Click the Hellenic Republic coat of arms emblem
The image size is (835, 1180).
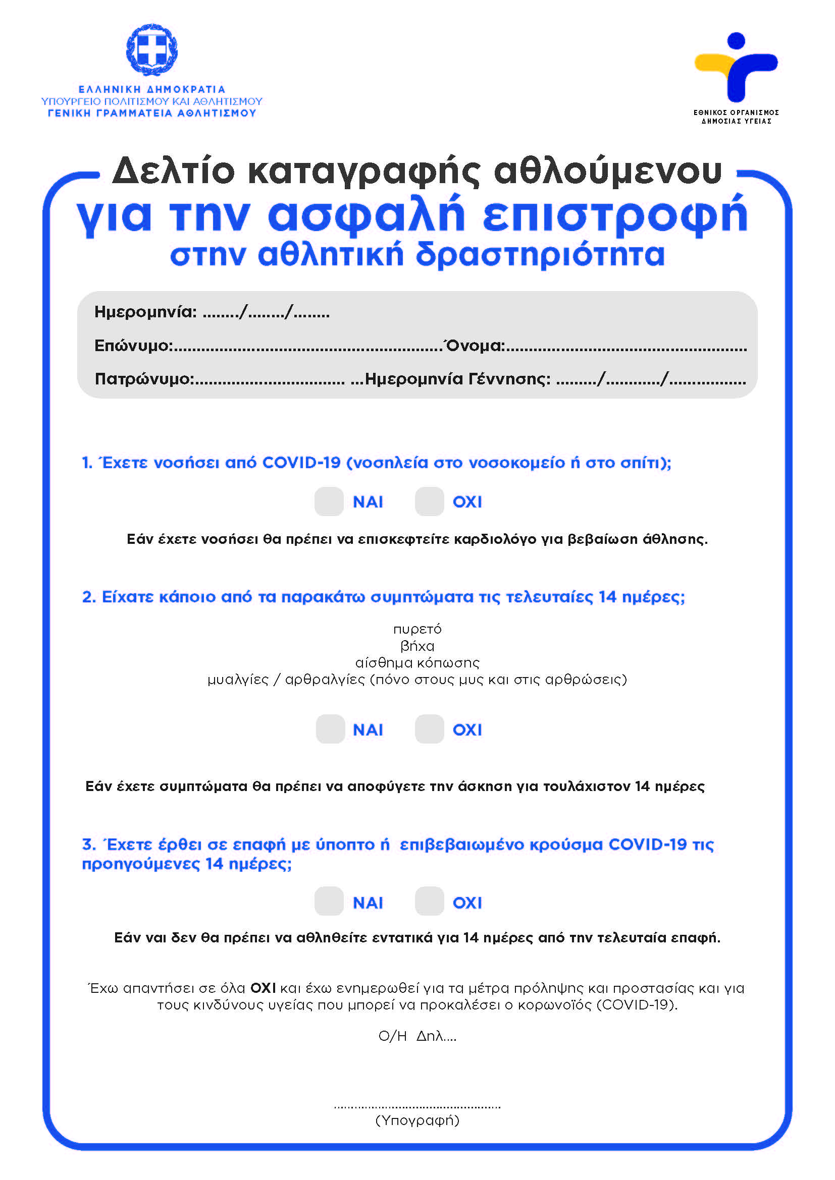151,50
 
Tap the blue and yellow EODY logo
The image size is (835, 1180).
736,67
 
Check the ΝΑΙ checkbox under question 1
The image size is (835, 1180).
329,501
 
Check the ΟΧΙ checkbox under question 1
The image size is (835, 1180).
429,501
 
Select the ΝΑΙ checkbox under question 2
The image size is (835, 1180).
330,729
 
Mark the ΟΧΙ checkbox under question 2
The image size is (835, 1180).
429,729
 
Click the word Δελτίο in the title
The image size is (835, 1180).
173,171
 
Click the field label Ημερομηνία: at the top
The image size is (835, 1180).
145,312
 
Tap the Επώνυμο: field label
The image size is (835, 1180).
133,346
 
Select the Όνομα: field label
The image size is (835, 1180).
475,346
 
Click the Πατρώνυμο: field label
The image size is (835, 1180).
144,379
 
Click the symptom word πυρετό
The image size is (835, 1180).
417,630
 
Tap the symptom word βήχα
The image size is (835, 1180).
417,646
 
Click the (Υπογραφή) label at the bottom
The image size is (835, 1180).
417,1120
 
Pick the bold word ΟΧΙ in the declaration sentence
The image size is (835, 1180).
263,988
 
